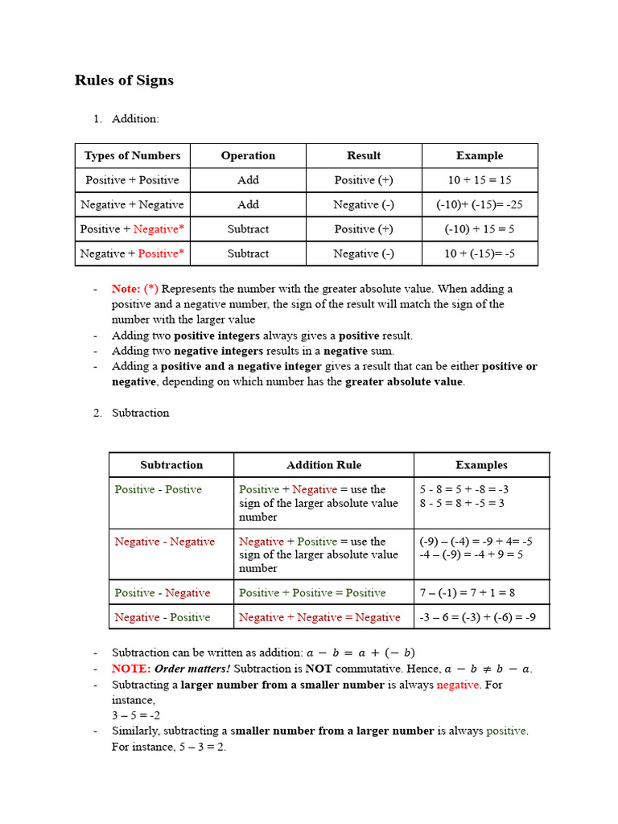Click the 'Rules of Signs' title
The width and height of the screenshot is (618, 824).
[124, 80]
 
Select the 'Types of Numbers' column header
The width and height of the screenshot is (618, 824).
[132, 156]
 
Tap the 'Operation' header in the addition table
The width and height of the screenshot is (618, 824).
[248, 156]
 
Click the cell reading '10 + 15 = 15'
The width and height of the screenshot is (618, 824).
[480, 180]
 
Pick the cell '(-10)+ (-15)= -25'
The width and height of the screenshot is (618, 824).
[480, 204]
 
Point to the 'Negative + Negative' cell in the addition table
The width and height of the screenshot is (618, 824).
[132, 204]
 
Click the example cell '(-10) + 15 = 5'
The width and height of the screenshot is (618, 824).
[480, 229]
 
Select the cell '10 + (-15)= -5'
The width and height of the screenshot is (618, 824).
[480, 253]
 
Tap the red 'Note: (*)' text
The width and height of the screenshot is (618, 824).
[135, 289]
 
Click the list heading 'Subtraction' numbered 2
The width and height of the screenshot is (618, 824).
[141, 413]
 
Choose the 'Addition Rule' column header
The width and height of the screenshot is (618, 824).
[323, 465]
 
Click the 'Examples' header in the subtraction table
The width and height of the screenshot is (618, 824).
[481, 465]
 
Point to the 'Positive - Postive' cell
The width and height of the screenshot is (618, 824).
[158, 489]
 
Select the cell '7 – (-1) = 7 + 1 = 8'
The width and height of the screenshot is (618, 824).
[468, 593]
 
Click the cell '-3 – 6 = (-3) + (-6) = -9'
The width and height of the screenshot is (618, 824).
[478, 618]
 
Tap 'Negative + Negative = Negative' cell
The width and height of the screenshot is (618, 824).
[319, 618]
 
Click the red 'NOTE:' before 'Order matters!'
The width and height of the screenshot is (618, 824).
[131, 669]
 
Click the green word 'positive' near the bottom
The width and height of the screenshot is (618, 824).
[506, 731]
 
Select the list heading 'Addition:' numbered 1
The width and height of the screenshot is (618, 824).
[135, 119]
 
